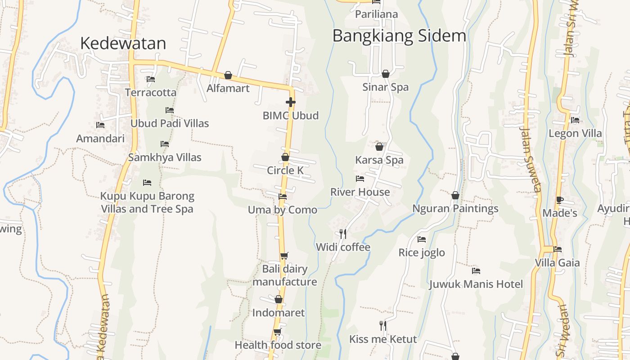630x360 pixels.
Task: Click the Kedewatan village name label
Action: point(123,43)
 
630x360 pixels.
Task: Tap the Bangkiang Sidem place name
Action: point(399,36)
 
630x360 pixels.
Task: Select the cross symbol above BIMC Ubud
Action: point(291,102)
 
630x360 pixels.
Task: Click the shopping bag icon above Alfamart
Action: point(228,75)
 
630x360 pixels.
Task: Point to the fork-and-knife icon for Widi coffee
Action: point(343,234)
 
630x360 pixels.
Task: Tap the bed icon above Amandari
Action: point(100,125)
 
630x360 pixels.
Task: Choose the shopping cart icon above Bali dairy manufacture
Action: point(284,256)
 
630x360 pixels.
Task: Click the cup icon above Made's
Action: point(559,200)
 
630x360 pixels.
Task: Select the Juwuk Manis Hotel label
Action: point(476,284)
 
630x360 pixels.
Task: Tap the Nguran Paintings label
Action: point(455,208)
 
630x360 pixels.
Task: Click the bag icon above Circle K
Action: point(285,157)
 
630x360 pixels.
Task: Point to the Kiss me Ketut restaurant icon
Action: point(383,325)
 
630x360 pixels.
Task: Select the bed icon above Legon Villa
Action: point(575,120)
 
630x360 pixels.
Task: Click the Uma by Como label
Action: point(283,210)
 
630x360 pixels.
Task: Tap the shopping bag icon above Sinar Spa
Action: point(386,74)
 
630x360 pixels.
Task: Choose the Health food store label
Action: point(278,345)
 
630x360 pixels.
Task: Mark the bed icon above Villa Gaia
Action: point(558,249)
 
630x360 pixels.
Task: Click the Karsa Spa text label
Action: point(379,160)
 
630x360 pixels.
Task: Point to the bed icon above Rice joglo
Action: point(422,239)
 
